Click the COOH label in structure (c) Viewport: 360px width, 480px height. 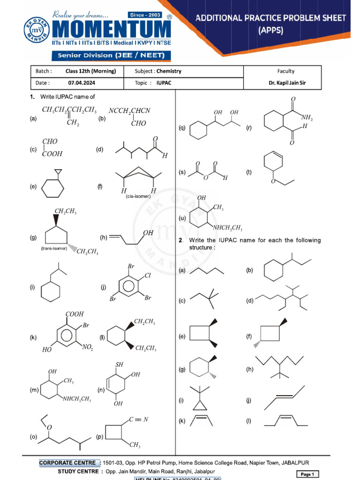tap(52, 153)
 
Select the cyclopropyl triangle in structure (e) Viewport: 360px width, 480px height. tap(58, 172)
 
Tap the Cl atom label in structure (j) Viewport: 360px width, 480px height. tap(147, 276)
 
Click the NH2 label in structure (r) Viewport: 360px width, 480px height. tap(307, 118)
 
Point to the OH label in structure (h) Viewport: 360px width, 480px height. tap(148, 232)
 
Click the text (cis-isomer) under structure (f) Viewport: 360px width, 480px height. tap(138, 196)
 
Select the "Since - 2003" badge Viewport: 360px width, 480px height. tap(146, 15)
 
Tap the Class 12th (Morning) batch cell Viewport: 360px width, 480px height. tap(91, 71)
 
